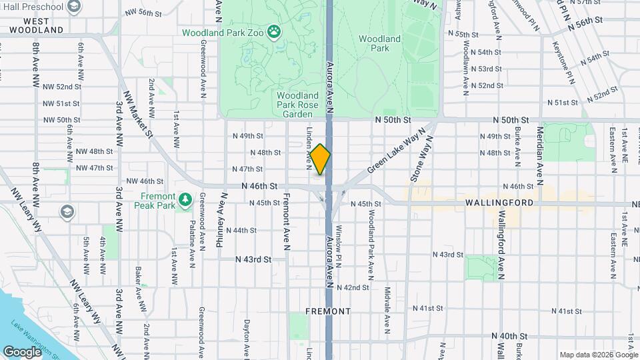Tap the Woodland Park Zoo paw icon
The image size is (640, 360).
point(273,31)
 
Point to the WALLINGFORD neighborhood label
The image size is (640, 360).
point(499,202)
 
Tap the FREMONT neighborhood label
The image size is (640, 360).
point(328,311)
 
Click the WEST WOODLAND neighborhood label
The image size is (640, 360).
point(37,25)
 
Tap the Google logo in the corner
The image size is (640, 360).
point(22,351)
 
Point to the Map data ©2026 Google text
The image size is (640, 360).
point(599,355)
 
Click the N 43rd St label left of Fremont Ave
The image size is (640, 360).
point(253,259)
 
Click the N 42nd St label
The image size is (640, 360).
point(353,287)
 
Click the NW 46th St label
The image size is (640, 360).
point(145,181)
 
